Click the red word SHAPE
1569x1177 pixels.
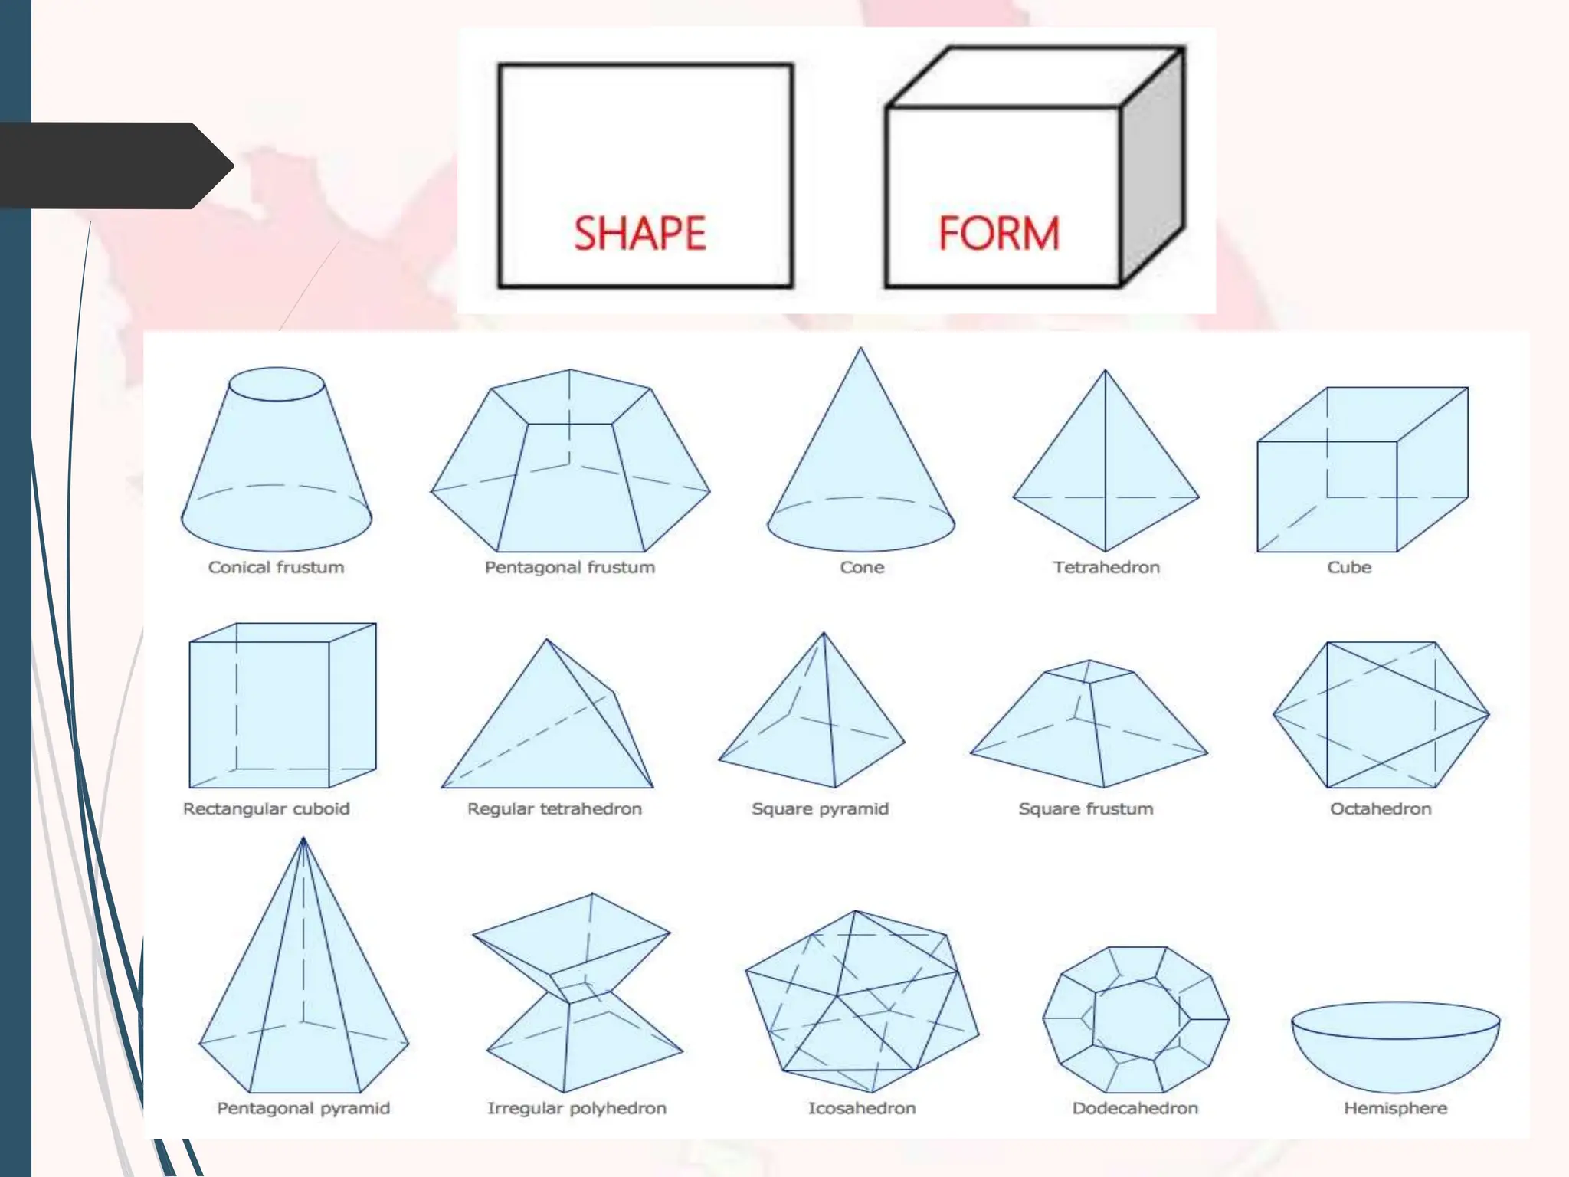tap(640, 233)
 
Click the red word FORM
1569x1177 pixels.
tap(999, 233)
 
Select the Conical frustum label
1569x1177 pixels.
tap(276, 567)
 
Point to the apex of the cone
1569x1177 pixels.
tap(860, 349)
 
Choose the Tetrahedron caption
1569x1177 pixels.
tap(1106, 567)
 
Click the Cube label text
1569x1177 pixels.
tap(1349, 567)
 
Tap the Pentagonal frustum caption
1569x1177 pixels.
tap(570, 567)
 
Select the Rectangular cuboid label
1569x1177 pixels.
tap(266, 808)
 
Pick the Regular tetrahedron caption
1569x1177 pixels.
tap(555, 808)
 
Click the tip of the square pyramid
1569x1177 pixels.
tap(824, 633)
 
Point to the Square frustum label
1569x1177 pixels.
tap(1086, 808)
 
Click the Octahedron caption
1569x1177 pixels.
tap(1381, 808)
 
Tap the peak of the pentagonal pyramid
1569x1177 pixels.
tap(303, 838)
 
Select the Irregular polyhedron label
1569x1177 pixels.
tap(577, 1108)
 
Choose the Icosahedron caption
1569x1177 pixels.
tap(862, 1108)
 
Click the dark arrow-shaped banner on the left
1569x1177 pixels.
tap(115, 166)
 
